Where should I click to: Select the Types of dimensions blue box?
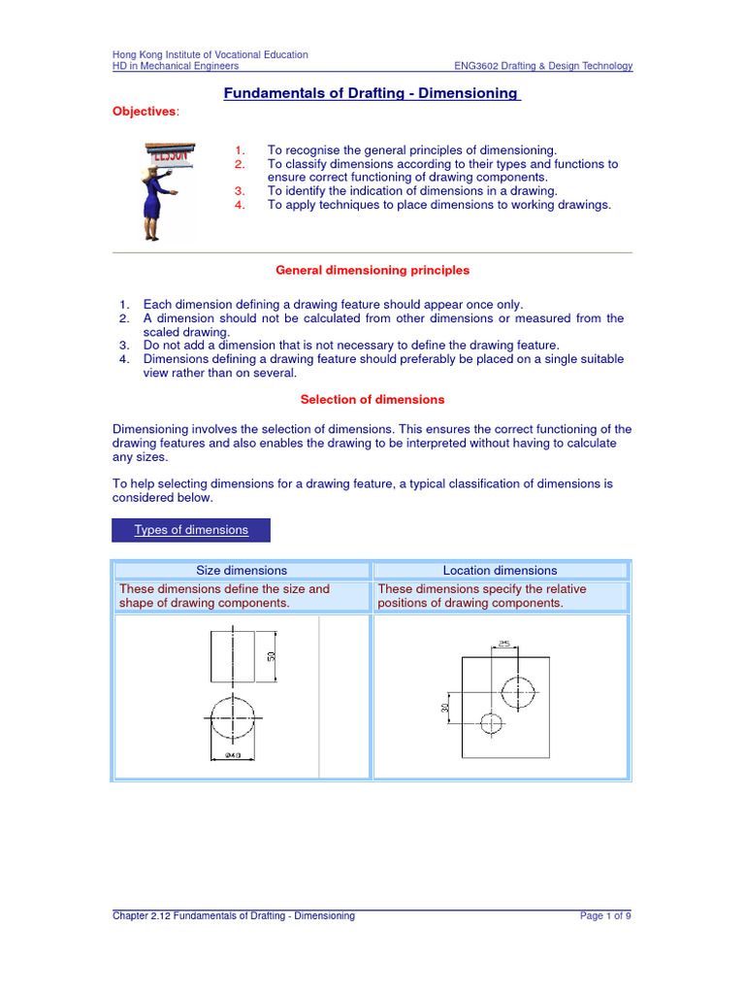click(191, 530)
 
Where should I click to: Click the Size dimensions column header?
click(242, 571)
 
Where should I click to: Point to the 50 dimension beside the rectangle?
click(273, 656)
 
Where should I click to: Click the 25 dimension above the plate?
click(504, 643)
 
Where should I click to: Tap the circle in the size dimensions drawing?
click(232, 719)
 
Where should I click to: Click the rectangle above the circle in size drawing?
click(232, 656)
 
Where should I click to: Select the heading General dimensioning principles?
click(372, 270)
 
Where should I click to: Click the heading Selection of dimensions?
click(372, 399)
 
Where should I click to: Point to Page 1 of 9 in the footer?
click(606, 915)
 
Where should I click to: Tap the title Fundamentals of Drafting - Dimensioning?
click(372, 94)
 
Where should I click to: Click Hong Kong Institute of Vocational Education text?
click(211, 54)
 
